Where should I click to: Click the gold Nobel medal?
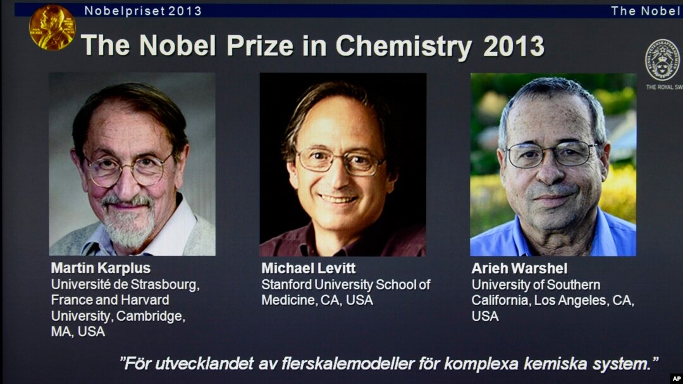coord(52,27)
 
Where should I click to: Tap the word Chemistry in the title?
coord(403,46)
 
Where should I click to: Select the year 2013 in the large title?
coord(514,46)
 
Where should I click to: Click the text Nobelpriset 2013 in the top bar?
coord(143,11)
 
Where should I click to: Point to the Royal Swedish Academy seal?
coord(662,60)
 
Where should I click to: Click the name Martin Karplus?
coord(101,268)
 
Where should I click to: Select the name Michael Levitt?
coord(309,268)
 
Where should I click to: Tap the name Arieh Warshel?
coord(519,268)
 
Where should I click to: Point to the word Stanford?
coord(286,284)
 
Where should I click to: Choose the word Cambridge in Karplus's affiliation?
coord(151,316)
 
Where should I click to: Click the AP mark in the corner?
coord(677,378)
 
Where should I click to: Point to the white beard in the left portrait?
coord(129,224)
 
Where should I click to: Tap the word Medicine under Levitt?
coord(288,300)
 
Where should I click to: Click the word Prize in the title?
coord(260,45)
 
